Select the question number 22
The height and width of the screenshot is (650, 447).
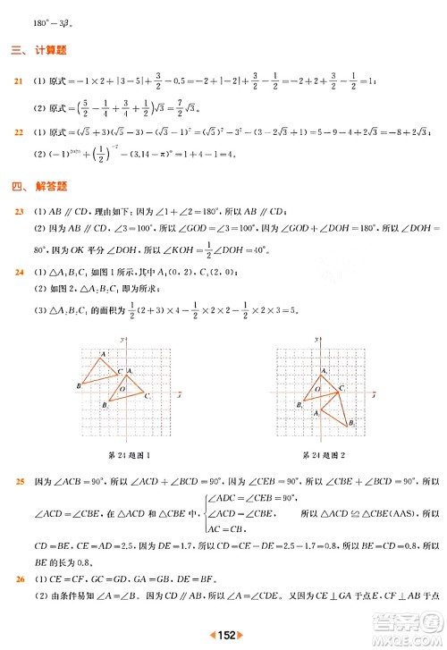[x=17, y=132]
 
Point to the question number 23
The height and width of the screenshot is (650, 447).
[x=17, y=211]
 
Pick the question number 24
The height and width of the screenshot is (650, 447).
[x=17, y=272]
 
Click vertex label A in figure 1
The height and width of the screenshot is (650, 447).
[x=104, y=355]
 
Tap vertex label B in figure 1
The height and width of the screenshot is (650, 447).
[x=80, y=385]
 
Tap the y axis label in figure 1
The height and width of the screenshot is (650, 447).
[x=122, y=340]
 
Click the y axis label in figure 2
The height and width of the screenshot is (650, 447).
[x=318, y=340]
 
